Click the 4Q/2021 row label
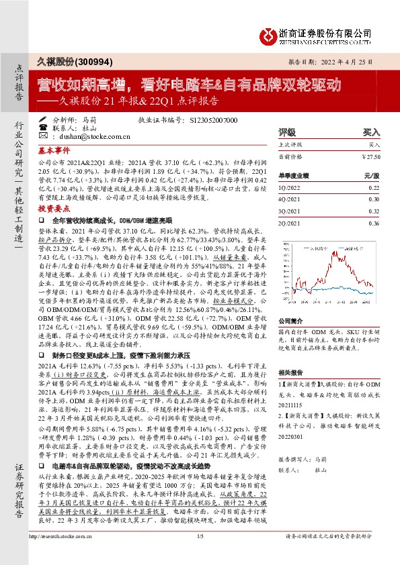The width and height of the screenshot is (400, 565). pyautogui.click(x=290, y=199)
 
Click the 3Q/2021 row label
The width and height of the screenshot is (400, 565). pyautogui.click(x=290, y=211)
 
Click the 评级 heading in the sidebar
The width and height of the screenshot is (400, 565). pyautogui.click(x=287, y=133)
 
